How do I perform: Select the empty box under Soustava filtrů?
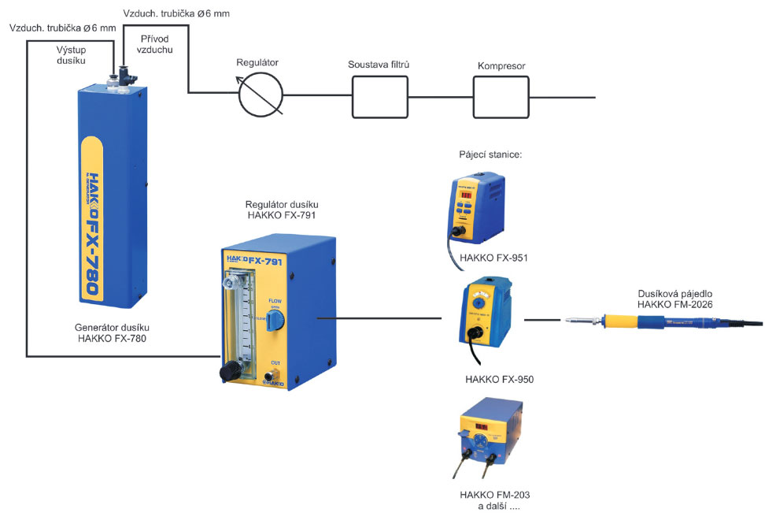pyautogui.click(x=379, y=97)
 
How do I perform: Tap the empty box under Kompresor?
pyautogui.click(x=501, y=97)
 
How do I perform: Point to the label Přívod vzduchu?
pyautogui.click(x=157, y=44)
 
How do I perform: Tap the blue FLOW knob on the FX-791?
pyautogui.click(x=274, y=318)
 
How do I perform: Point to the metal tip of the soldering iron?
pyautogui.click(x=573, y=321)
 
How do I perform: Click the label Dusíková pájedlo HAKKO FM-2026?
pyautogui.click(x=676, y=299)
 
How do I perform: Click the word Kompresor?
pyautogui.click(x=501, y=66)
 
